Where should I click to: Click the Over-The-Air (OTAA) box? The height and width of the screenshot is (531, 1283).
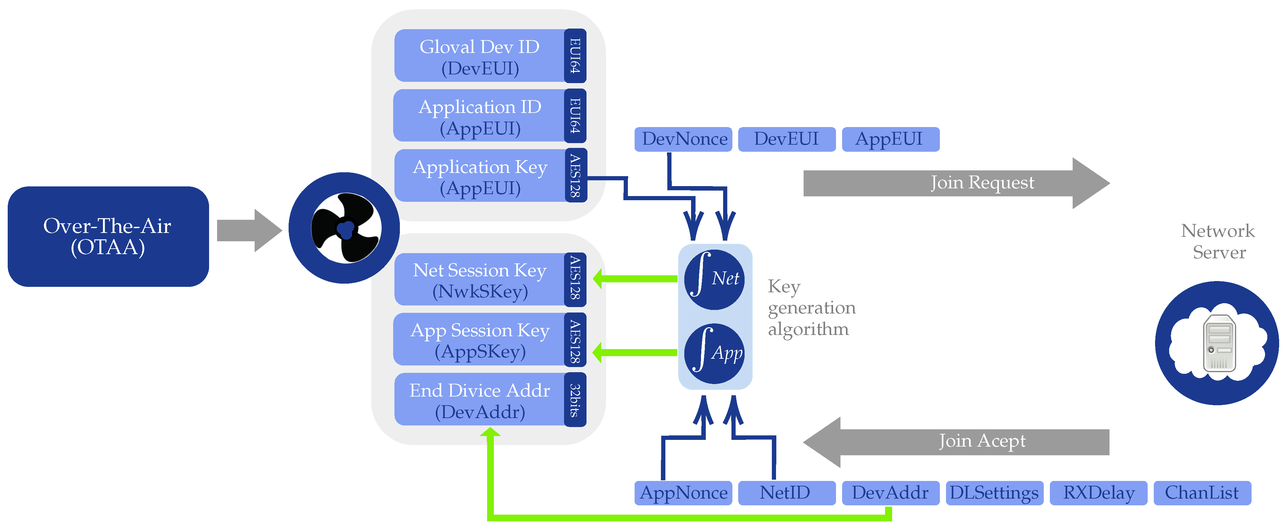108,236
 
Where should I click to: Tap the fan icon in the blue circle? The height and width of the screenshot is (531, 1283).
346,228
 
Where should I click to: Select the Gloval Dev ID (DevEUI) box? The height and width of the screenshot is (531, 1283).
490,56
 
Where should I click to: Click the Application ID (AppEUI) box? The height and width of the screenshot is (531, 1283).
490,116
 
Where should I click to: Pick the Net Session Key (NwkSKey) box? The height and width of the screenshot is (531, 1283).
490,279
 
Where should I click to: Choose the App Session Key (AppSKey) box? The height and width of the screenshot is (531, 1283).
490,339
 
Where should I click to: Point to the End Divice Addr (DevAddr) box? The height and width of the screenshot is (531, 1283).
490,399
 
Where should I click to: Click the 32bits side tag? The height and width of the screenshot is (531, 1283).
575,399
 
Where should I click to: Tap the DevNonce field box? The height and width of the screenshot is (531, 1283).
683,139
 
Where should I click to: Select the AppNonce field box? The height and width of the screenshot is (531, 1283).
683,492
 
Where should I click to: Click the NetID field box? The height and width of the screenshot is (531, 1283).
787,492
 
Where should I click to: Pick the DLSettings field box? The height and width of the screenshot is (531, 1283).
995,492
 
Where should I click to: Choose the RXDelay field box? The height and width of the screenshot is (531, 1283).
1099,492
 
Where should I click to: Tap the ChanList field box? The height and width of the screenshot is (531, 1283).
1202,492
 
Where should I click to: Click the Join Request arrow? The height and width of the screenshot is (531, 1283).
956,183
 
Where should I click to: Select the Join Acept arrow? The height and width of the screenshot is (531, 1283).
956,442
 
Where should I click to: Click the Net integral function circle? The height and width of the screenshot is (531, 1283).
715,279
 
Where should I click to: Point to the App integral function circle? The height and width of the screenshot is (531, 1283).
715,354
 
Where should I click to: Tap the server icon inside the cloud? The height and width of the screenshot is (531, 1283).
1219,343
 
